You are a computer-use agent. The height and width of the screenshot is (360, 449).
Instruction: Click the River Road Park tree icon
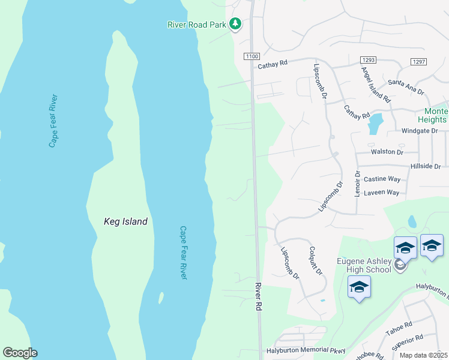click(x=237, y=24)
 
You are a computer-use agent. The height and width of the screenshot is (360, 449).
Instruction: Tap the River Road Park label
click(x=196, y=25)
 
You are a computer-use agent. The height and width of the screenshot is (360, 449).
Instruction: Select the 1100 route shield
click(x=251, y=56)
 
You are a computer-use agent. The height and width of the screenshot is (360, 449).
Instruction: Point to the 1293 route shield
click(x=367, y=60)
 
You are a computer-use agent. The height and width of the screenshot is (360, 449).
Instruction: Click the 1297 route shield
click(x=418, y=62)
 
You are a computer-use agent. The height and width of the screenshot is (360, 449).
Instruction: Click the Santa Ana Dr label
click(x=406, y=83)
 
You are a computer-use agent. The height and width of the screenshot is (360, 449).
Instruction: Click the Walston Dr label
click(x=387, y=152)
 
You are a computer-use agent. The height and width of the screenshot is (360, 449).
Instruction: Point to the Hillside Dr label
click(x=425, y=166)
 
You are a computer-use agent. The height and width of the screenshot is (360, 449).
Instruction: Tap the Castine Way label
click(x=382, y=179)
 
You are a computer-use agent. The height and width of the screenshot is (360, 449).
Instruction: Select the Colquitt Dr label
click(x=316, y=261)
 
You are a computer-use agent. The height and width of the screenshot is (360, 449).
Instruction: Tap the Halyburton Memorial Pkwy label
click(x=298, y=350)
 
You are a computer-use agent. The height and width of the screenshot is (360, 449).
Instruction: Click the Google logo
click(x=20, y=353)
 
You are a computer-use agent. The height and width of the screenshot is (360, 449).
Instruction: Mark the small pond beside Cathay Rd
click(x=375, y=124)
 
